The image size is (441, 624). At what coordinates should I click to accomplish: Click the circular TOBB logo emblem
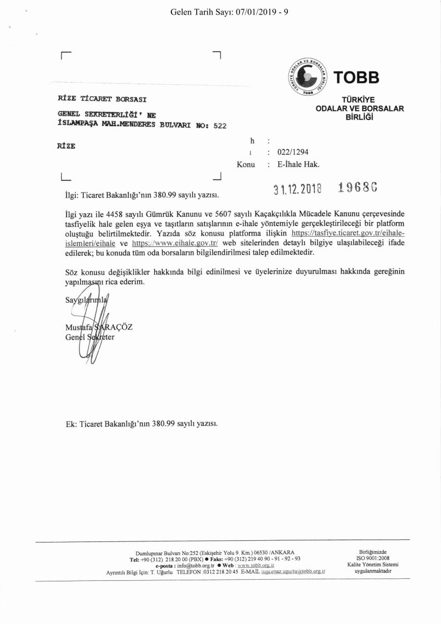[307, 77]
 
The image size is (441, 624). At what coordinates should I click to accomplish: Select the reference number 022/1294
[293, 152]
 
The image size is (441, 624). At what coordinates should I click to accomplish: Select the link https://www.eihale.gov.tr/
[168, 243]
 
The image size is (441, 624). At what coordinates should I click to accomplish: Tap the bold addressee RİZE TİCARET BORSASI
[102, 99]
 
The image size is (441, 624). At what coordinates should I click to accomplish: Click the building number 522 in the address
[220, 125]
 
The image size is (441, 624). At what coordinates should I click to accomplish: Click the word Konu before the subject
[246, 164]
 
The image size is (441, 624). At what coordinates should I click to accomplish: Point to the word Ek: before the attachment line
[71, 423]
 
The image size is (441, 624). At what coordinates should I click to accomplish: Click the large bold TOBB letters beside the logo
[357, 78]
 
